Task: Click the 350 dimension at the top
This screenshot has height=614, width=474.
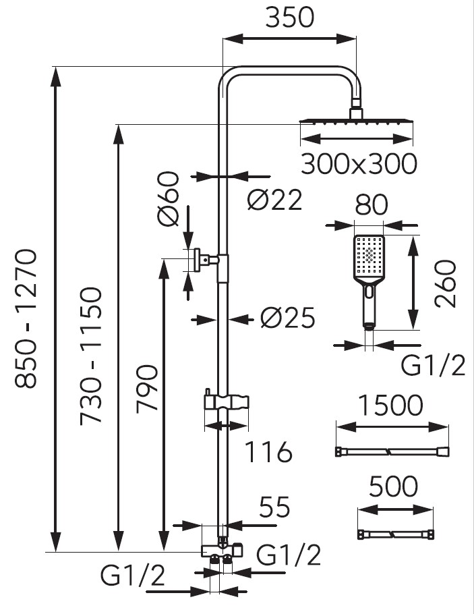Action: coord(289,18)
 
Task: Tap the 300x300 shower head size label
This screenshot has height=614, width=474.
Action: coord(358,164)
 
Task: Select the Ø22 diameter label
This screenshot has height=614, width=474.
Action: coord(274,200)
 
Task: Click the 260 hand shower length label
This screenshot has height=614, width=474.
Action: coord(446,283)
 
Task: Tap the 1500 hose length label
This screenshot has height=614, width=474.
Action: coord(391,406)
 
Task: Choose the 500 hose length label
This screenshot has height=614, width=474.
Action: coord(394,486)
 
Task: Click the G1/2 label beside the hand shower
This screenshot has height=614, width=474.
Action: coord(432,366)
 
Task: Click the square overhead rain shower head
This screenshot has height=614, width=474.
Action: coord(355,121)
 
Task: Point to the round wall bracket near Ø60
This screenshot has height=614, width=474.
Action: coord(200,259)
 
